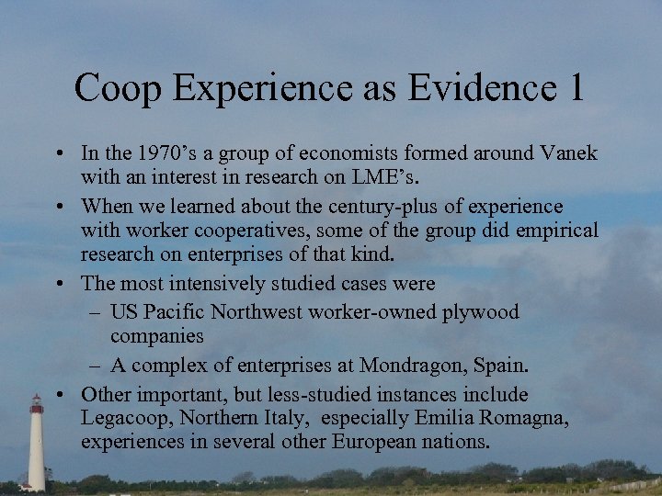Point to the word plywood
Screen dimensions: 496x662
pos(482,313)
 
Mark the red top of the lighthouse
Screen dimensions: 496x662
pos(36,404)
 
